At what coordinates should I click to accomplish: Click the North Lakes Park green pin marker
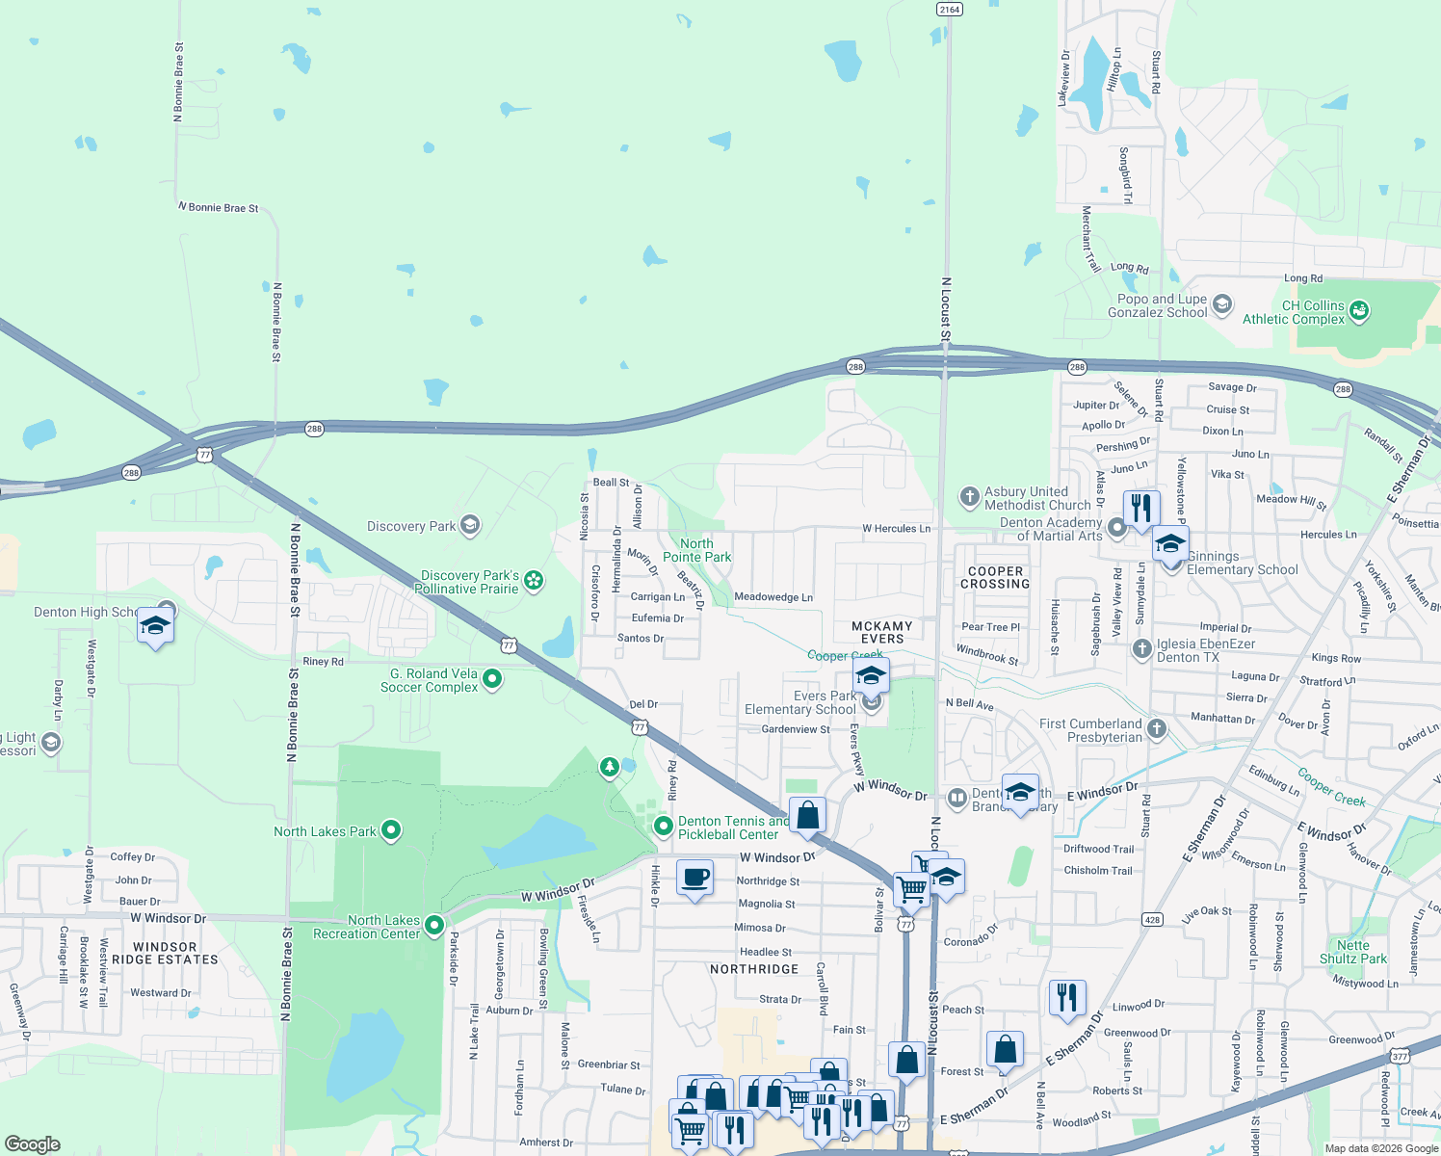click(x=390, y=829)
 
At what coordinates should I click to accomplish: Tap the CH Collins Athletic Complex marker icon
click(x=1359, y=311)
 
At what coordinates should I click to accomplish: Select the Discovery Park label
click(x=411, y=526)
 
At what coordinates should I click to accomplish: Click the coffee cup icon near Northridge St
click(x=694, y=878)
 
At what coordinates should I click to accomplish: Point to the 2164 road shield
click(x=949, y=10)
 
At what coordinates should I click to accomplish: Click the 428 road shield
click(x=1152, y=919)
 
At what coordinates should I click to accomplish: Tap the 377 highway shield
click(x=1400, y=1056)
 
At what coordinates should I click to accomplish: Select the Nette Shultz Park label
click(x=1352, y=952)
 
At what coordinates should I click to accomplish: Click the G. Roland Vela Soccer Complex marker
click(x=492, y=679)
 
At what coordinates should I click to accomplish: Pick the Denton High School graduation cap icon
click(x=155, y=626)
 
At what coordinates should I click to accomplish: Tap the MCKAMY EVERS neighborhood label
click(x=881, y=632)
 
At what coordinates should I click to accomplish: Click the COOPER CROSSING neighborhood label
click(x=995, y=577)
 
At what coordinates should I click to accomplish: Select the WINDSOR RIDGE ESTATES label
click(x=165, y=953)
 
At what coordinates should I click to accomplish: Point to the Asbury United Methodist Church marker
click(x=969, y=497)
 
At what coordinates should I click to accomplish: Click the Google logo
click(x=32, y=1143)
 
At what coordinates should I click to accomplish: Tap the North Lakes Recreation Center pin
click(x=434, y=926)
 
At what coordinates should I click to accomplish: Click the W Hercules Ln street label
click(x=896, y=528)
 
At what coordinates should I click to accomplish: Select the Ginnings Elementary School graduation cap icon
click(x=1170, y=544)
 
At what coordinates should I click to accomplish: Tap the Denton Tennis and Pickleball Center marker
click(x=663, y=826)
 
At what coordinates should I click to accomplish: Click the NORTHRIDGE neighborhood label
click(x=754, y=969)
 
